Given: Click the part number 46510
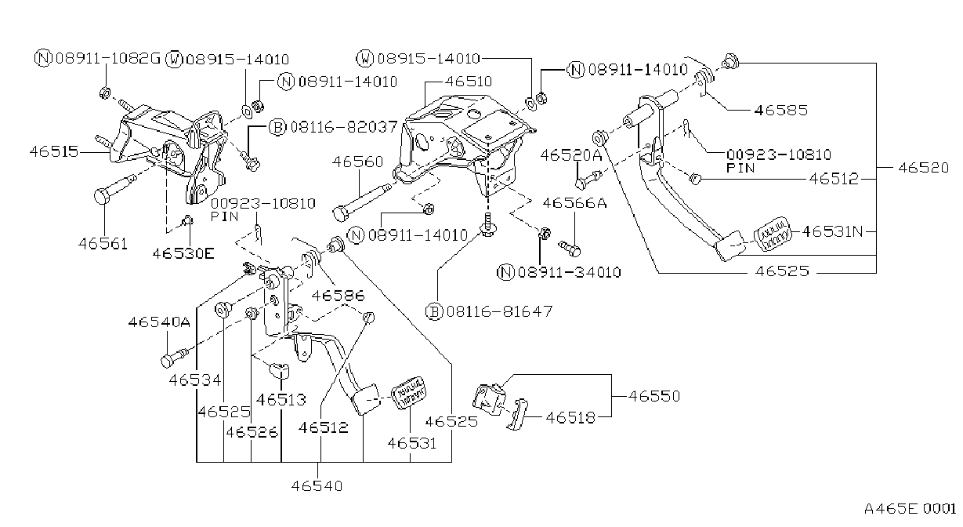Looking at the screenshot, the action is (469, 82).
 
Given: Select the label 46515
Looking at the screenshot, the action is (54, 151).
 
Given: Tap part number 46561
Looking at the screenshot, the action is (103, 244).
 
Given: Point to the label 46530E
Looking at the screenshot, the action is (183, 253).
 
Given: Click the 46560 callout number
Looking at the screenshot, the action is (357, 162).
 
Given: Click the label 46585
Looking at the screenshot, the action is (781, 110).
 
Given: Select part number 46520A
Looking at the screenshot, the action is (571, 155).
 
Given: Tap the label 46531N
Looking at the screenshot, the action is (832, 231).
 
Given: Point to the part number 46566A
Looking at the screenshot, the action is (575, 202).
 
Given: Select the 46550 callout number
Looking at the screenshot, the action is (654, 396).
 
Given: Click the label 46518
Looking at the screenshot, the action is (570, 417).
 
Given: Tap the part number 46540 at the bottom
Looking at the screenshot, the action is (317, 486).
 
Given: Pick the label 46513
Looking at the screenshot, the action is (281, 400).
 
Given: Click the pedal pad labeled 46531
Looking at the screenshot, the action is (408, 392).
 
